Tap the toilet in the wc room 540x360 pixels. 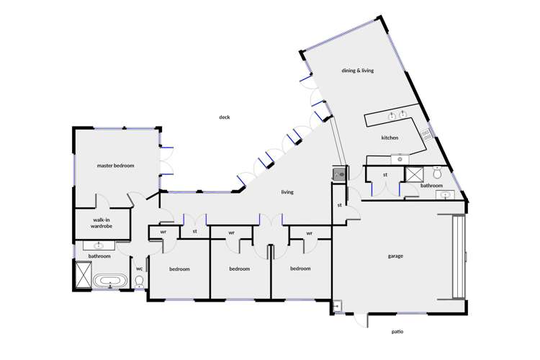140,281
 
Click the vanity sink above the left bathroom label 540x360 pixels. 99,246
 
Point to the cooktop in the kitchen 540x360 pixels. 426,133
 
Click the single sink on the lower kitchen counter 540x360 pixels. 397,158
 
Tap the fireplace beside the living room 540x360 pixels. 339,174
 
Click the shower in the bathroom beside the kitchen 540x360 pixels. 415,173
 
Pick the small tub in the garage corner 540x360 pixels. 336,307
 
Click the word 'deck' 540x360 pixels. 225,117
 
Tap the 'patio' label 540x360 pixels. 397,332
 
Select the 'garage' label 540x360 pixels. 395,256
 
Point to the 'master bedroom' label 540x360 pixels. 115,166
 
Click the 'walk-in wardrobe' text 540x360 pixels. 102,223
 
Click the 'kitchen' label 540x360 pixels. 390,138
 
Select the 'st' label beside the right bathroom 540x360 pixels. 385,174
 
